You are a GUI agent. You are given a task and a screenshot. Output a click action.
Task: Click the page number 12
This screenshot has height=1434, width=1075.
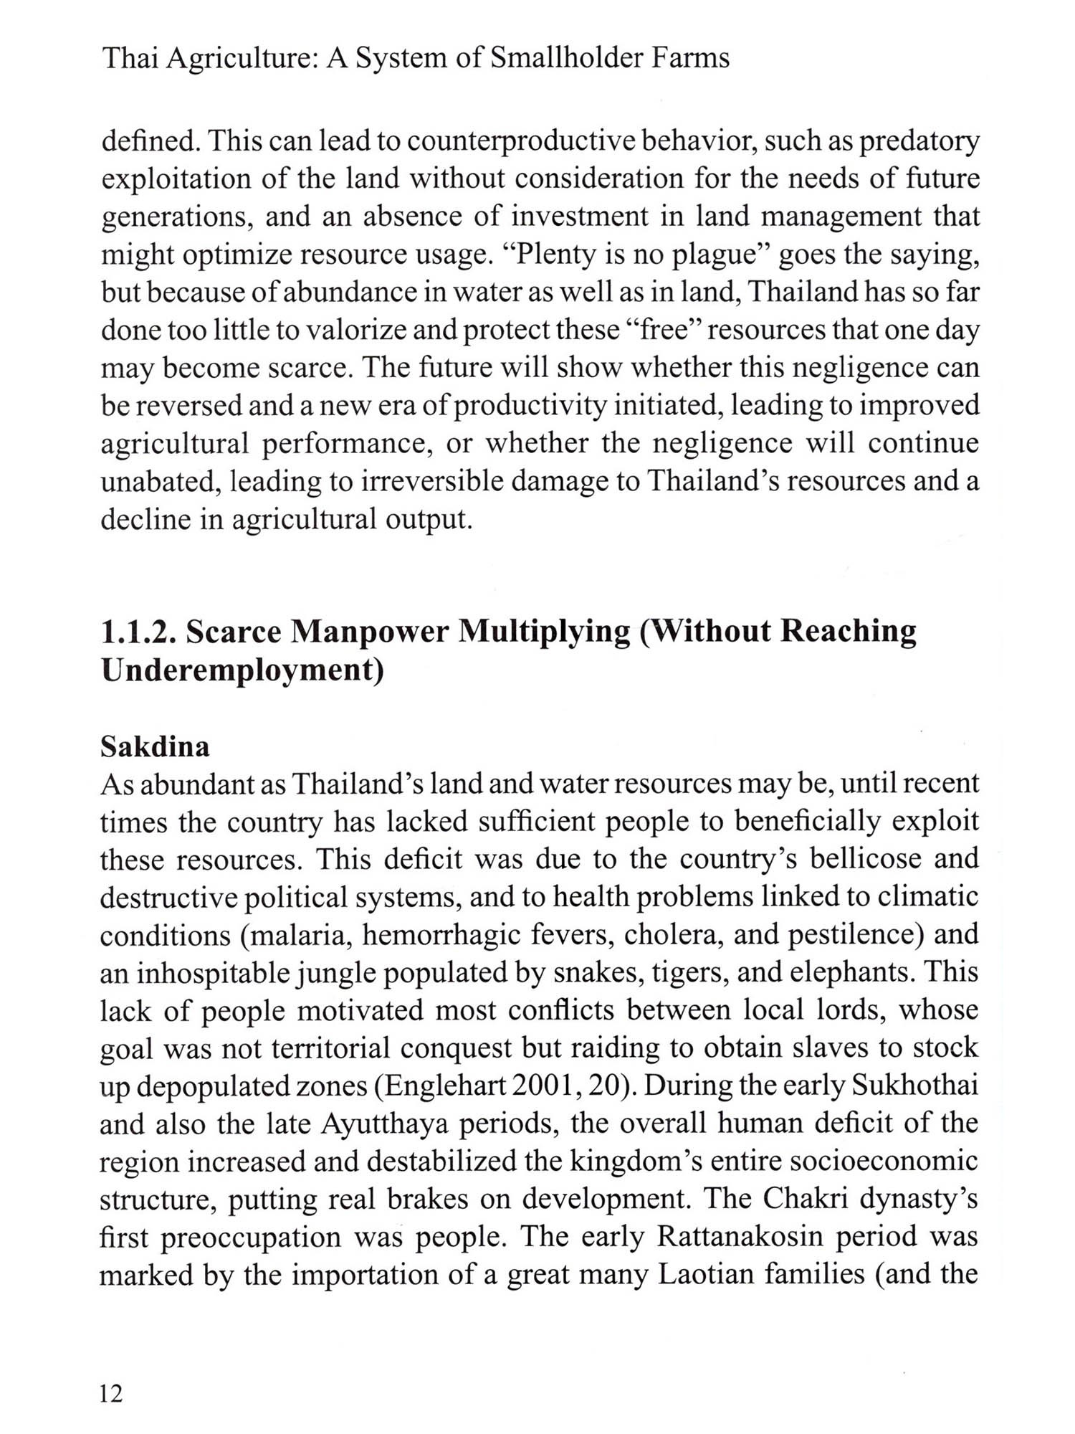(112, 1393)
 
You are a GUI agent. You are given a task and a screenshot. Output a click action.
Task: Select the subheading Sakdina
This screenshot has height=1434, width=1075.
(155, 747)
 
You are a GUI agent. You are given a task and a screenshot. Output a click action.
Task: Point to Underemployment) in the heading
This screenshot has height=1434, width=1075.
(242, 670)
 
